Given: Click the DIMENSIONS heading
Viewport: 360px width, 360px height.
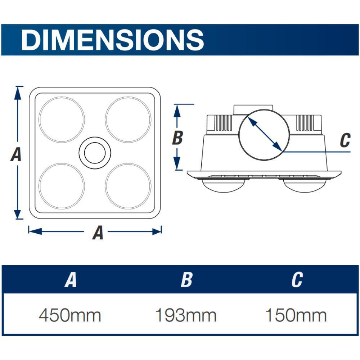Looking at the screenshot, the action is [112, 40].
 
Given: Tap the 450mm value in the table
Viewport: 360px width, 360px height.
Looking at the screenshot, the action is [70, 315].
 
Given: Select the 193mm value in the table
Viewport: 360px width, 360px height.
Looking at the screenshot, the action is [186, 315].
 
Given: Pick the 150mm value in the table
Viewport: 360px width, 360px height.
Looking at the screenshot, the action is [296, 315].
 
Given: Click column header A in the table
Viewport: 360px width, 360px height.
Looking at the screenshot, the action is [71, 280].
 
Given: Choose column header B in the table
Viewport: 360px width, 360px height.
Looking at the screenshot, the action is [186, 280].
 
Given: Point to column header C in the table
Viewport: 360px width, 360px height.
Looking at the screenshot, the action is [297, 280].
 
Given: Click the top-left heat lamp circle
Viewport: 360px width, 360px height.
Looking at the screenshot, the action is [62, 97].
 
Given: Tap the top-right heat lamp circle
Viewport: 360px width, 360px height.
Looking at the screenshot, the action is [128, 97].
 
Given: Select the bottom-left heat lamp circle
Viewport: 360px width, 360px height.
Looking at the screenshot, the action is [62, 163].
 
